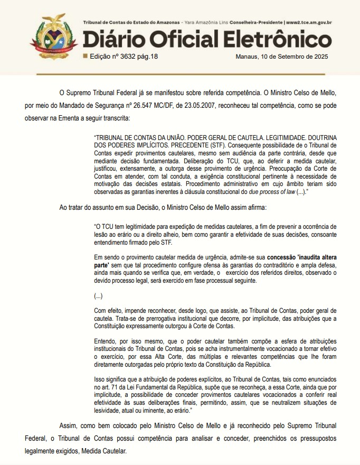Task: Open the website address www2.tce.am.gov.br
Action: click(309, 23)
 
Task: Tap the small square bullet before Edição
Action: click(86, 55)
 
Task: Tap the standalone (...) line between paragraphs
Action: click(98, 296)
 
